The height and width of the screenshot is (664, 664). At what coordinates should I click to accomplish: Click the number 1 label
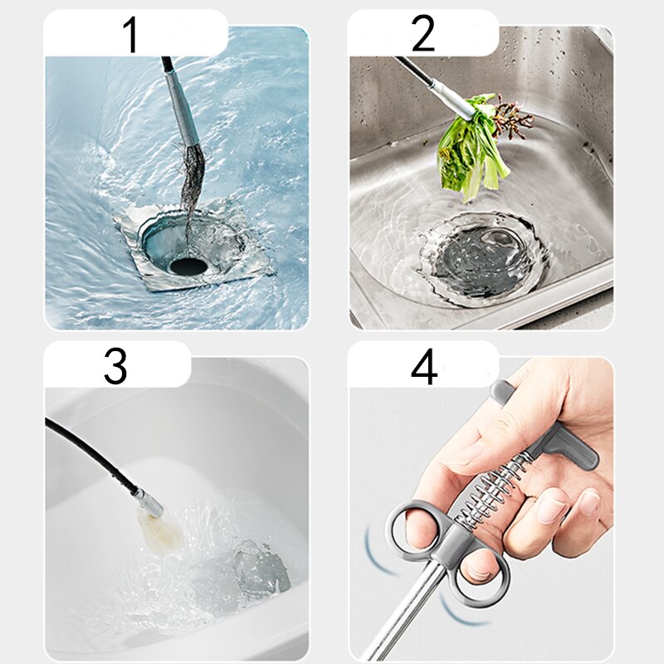[130, 34]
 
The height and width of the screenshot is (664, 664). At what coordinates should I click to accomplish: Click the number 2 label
[422, 34]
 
